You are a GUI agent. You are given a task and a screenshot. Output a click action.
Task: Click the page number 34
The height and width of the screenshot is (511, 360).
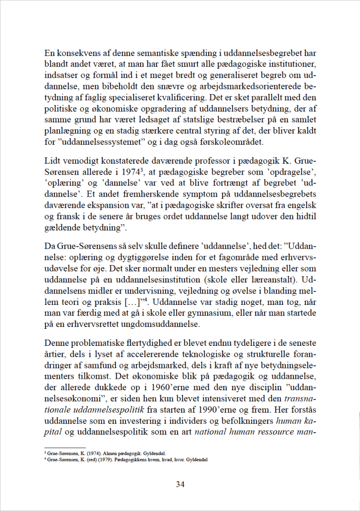tap(180, 484)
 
